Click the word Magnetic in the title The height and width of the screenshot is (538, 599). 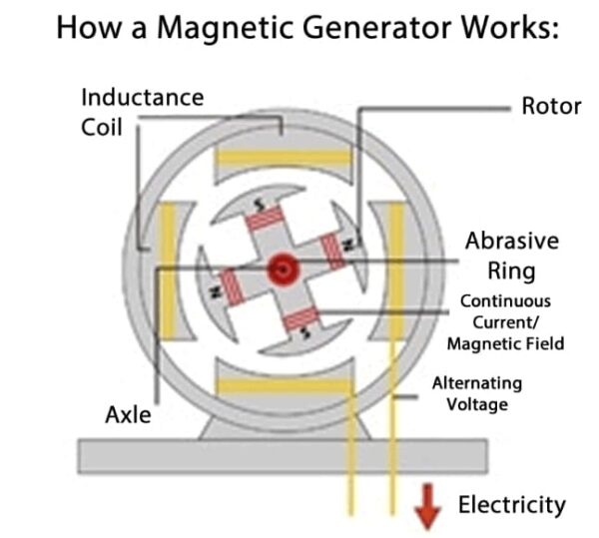[x=196, y=27]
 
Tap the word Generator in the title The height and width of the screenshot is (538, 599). [x=363, y=27]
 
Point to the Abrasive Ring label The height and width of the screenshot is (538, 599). [x=511, y=256]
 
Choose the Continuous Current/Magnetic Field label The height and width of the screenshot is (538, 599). [x=511, y=321]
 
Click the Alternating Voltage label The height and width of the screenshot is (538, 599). [x=476, y=393]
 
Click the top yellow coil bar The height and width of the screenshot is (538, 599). [x=284, y=158]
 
